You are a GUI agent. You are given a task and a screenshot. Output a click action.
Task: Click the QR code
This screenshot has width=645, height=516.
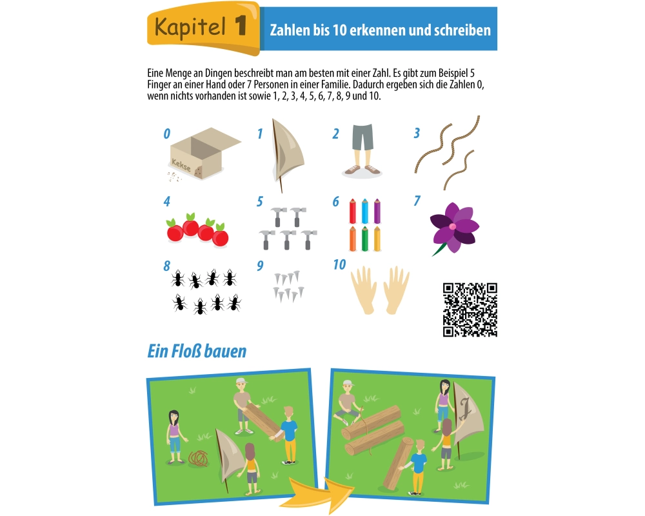tap(470, 310)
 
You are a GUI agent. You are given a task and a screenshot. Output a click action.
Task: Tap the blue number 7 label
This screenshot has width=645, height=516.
tap(417, 201)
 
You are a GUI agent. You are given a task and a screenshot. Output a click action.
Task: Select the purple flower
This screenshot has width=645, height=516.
tap(454, 228)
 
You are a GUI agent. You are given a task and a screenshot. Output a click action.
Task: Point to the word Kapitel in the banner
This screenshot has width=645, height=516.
tap(190, 27)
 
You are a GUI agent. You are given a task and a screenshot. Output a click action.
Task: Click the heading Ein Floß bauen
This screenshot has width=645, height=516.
tap(197, 352)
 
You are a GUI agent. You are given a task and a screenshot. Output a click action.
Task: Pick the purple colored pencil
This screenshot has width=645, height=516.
tap(377, 211)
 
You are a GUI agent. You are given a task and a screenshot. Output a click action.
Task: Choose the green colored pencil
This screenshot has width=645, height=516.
tap(364, 239)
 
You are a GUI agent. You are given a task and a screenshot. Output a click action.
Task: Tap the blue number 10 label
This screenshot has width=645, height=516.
tap(339, 264)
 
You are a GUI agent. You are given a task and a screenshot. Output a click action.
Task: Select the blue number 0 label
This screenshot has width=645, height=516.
tap(166, 134)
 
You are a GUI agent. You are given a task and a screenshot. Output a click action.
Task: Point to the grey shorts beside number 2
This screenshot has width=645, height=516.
tap(362, 137)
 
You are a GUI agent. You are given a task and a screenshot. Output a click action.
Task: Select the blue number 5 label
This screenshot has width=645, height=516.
tap(259, 202)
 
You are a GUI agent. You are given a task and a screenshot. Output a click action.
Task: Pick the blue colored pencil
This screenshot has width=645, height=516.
tap(364, 211)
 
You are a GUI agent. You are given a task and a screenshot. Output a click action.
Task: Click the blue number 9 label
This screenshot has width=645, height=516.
tap(260, 266)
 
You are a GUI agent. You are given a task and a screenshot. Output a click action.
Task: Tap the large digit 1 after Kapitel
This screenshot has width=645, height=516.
tap(241, 26)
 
